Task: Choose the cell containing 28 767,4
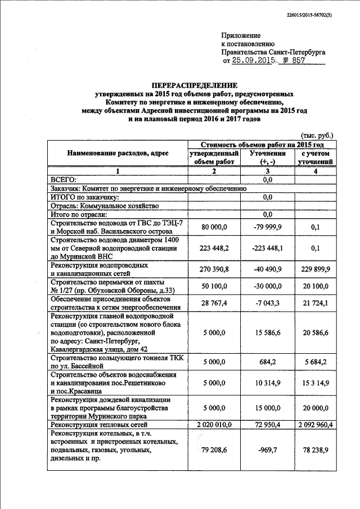(x=213, y=304)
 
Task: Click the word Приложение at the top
(x=240, y=34)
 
